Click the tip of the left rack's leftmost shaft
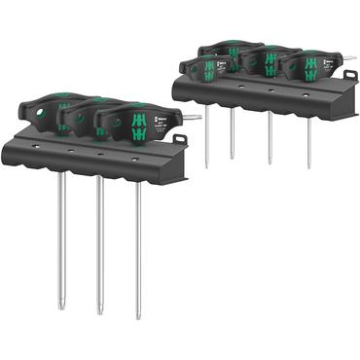point(61,308)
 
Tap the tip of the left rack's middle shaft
point(100,311)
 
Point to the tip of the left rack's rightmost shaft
point(138,316)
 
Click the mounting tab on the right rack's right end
point(349,75)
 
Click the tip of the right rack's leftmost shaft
point(206,165)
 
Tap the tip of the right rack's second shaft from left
point(232,156)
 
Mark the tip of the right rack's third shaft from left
point(270,162)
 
